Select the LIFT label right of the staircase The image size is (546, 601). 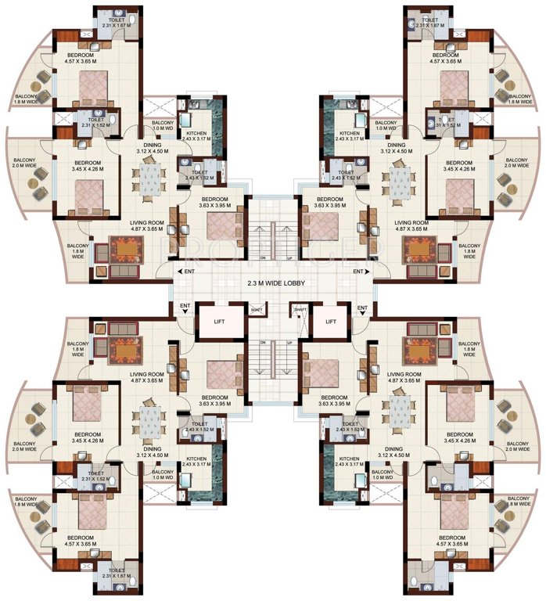click(x=330, y=321)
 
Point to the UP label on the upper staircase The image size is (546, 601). click(x=290, y=258)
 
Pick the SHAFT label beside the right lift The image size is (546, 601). click(x=300, y=311)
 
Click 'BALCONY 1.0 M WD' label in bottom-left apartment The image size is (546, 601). click(x=163, y=476)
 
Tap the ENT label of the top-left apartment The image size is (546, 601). click(x=188, y=271)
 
